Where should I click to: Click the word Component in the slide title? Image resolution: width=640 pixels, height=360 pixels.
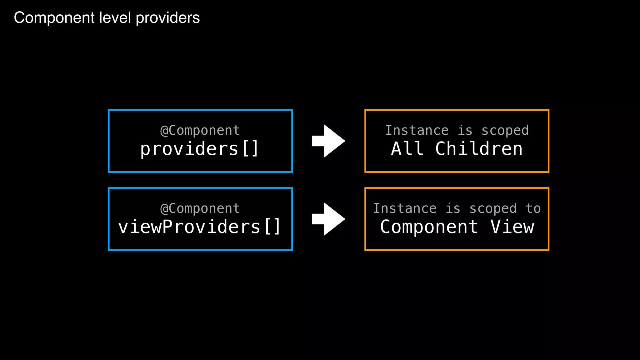[x=54, y=18]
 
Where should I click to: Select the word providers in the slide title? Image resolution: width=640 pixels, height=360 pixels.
[x=168, y=18]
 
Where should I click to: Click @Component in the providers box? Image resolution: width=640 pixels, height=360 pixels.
[x=200, y=130]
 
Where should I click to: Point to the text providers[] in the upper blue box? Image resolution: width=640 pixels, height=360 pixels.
[x=199, y=149]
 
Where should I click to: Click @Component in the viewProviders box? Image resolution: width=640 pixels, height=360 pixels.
[x=200, y=208]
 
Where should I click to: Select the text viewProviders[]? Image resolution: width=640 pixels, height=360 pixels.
[x=199, y=227]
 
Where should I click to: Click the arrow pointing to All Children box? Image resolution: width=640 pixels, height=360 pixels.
[x=328, y=141]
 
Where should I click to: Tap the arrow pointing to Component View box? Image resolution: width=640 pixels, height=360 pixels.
[x=328, y=219]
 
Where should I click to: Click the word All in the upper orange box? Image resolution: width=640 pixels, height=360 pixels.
[x=407, y=149]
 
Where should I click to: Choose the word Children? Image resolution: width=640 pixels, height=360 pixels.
[x=479, y=149]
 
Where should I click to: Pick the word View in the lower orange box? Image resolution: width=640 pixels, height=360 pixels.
[x=512, y=227]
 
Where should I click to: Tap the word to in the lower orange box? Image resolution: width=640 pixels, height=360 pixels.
[x=533, y=208]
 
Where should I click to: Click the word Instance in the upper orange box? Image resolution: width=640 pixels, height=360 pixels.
[x=417, y=130]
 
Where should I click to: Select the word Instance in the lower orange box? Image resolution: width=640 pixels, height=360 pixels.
[x=405, y=208]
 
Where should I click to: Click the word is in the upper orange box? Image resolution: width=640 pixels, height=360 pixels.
[x=465, y=130]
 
